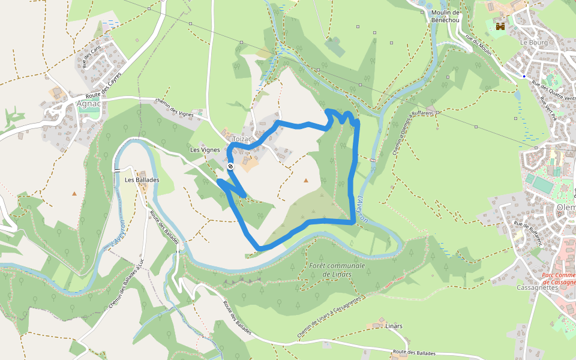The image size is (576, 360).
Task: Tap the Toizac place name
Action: (x=242, y=139)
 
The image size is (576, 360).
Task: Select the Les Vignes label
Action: (x=205, y=149)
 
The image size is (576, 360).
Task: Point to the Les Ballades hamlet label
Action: (x=142, y=179)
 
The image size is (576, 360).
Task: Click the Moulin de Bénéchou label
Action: (x=445, y=16)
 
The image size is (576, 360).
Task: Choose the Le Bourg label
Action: (x=531, y=43)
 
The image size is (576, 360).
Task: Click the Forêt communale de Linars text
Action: (x=337, y=269)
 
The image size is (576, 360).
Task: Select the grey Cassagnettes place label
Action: (x=537, y=287)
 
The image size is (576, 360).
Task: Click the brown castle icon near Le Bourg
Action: (x=500, y=26)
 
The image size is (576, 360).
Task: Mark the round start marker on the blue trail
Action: (x=230, y=166)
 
